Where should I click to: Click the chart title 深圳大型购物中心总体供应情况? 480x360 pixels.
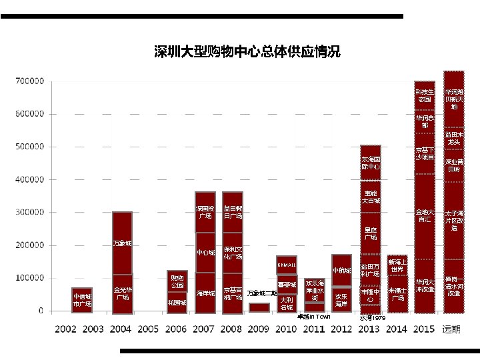coord(247,52)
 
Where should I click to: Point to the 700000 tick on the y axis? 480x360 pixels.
coord(29,81)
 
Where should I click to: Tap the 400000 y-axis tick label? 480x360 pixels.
coord(29,179)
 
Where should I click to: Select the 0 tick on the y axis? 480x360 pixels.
coord(41,311)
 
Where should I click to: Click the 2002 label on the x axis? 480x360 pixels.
coord(65,329)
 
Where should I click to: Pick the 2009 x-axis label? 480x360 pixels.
coord(259,329)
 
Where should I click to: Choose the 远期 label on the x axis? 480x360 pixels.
coord(455,329)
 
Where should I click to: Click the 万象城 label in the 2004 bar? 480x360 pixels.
coord(122,243)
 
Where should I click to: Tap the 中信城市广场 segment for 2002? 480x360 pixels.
coord(82,300)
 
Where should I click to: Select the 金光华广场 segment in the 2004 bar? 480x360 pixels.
coord(122,293)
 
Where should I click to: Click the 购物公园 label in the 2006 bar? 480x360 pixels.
coord(177,281)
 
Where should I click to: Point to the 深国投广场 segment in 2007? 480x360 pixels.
coord(205,212)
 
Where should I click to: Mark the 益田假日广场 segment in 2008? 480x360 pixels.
coord(233,212)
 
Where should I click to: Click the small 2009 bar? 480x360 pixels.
coord(259,307)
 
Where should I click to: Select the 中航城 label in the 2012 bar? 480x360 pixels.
coord(341,271)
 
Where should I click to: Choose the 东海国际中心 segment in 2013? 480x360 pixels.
coord(371,163)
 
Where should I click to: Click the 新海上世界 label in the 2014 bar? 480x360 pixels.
coord(397,265)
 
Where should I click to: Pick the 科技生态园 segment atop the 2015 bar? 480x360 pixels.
coord(425,95)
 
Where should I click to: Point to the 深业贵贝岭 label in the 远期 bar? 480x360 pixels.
coord(454,165)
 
